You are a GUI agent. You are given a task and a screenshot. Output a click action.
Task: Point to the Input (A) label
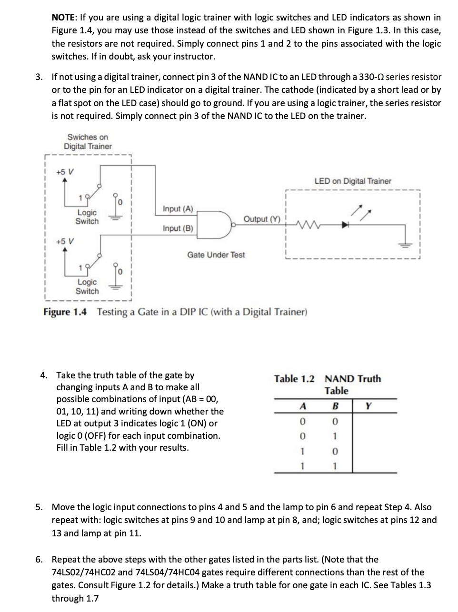(178, 209)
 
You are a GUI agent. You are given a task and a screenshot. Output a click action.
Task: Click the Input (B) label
(178, 228)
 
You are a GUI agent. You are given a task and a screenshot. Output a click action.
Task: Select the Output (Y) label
(262, 219)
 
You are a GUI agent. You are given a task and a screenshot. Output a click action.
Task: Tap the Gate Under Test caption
(216, 255)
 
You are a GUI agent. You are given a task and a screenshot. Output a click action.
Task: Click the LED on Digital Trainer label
(352, 181)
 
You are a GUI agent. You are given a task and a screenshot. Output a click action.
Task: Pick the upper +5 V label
(65, 171)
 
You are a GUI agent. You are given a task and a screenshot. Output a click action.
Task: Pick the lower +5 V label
(65, 241)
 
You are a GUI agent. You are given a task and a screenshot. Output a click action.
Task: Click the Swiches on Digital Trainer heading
(88, 142)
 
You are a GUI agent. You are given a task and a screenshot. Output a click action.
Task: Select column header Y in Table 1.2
(368, 406)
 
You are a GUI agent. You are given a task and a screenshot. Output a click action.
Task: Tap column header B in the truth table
(335, 406)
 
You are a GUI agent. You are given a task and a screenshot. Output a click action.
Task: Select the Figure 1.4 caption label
(65, 312)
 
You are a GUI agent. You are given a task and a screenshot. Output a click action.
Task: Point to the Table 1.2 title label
(294, 379)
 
